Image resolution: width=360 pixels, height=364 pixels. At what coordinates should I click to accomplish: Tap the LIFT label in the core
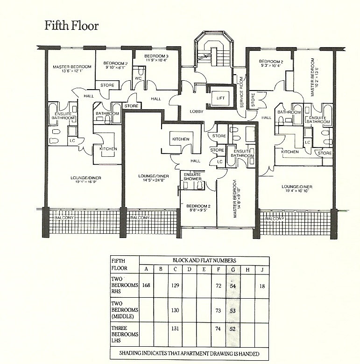click(220, 98)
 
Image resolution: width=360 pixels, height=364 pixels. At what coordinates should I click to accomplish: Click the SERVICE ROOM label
click(242, 92)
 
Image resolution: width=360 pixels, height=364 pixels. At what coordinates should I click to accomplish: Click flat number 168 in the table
click(146, 286)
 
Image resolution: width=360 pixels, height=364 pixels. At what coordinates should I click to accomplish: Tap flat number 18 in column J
click(262, 286)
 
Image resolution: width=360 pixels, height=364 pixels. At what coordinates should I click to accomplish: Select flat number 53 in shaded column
click(233, 310)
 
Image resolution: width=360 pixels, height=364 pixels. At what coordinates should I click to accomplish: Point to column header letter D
click(190, 269)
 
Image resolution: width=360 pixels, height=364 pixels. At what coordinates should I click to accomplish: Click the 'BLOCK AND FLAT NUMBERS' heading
click(204, 260)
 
